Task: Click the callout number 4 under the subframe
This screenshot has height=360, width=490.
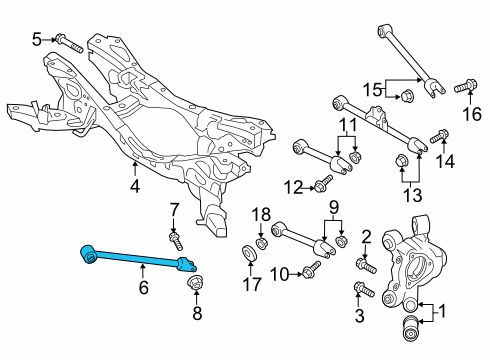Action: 135,186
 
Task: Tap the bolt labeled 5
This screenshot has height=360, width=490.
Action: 69,44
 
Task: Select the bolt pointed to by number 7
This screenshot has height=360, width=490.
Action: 176,242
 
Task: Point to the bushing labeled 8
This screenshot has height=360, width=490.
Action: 196,283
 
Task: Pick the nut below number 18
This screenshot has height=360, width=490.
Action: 261,243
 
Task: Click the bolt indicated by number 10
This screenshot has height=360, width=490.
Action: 311,269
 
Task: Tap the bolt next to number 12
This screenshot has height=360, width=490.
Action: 323,182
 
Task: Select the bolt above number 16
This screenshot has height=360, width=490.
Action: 466,86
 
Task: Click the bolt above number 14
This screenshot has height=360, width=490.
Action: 440,136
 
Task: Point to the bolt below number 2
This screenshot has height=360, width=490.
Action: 366,265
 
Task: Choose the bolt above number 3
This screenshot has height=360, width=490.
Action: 365,290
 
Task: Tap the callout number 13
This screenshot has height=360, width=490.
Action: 412,196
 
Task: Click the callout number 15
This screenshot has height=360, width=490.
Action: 372,90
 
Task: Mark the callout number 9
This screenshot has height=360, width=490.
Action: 334,208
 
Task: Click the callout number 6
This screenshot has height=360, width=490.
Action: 143,287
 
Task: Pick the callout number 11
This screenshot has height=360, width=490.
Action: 348,125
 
